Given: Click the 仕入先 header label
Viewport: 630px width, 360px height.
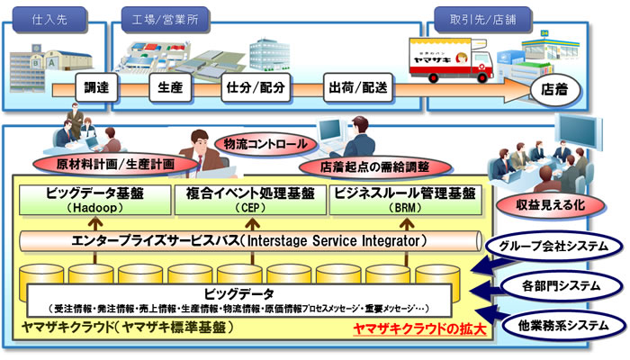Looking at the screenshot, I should [x=48, y=17].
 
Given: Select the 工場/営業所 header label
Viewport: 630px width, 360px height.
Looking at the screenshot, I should [x=164, y=17].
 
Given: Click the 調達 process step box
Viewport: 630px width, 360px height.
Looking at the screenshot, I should [x=95, y=90].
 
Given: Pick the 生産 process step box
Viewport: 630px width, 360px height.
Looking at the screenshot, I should [x=171, y=90].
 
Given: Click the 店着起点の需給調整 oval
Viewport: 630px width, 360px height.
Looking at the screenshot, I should [x=373, y=166].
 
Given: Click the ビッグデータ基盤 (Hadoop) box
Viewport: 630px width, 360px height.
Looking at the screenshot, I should [x=94, y=200].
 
